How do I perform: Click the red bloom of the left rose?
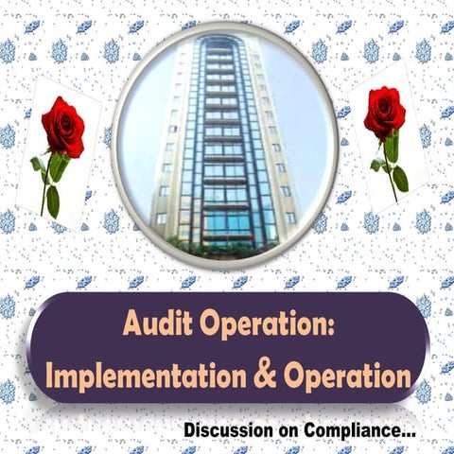pyautogui.click(x=62, y=127)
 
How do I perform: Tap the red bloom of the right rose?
pyautogui.click(x=384, y=113)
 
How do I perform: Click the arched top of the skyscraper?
pyautogui.click(x=218, y=42)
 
